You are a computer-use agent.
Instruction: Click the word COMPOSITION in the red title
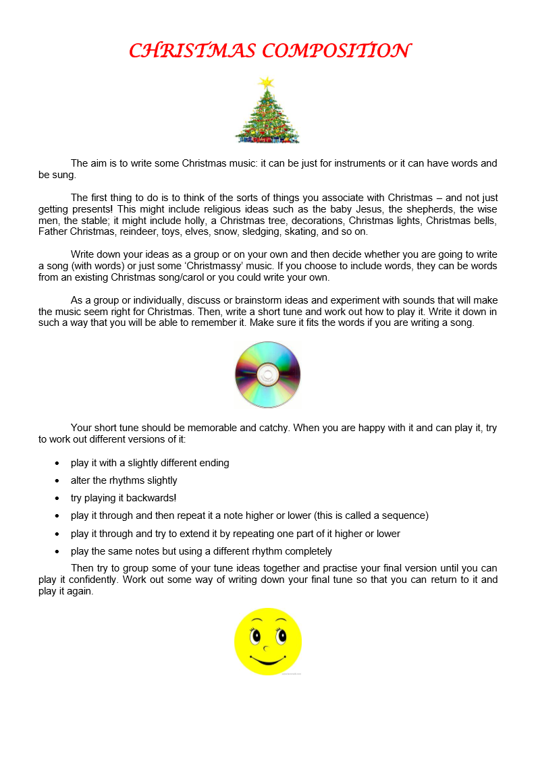pos(336,51)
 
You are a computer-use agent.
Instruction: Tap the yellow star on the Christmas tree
pos(267,82)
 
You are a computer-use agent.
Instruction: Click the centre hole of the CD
pos(268,374)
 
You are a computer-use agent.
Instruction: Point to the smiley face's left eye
pos(256,635)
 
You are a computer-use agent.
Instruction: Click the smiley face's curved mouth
pos(268,659)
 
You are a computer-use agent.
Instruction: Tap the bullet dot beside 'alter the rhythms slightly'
pos(57,481)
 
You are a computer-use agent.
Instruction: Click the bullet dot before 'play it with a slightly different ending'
pos(57,464)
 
